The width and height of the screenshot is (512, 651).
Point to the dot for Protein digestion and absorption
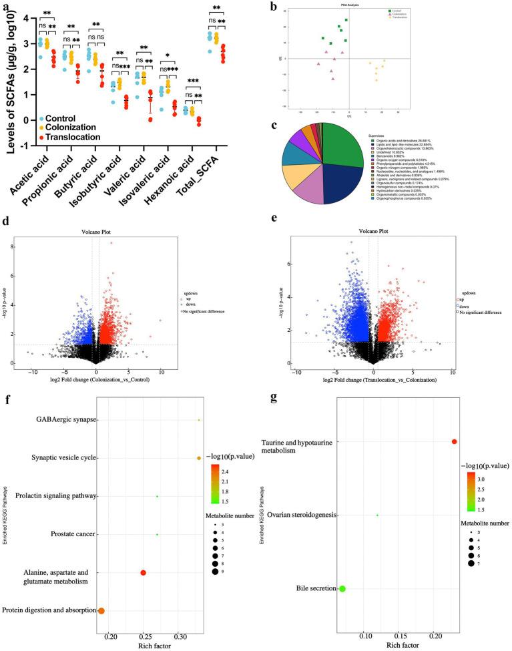tap(101, 610)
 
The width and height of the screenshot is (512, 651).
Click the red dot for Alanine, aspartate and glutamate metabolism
tap(143, 572)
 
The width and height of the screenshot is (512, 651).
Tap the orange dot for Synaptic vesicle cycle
tap(199, 458)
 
